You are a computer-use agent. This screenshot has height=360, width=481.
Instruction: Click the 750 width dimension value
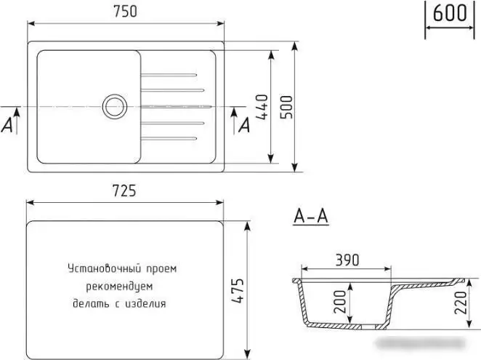click(x=125, y=12)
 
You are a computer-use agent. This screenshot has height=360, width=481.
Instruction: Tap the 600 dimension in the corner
click(x=450, y=13)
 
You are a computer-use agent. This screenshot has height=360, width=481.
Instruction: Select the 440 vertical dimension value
click(x=262, y=107)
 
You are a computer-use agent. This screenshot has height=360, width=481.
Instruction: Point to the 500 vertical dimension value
click(x=287, y=107)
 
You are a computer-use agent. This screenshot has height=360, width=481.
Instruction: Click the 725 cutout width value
click(x=124, y=191)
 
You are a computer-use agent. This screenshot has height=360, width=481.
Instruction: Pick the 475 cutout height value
click(x=238, y=291)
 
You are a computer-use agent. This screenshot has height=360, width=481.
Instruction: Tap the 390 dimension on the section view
click(x=347, y=260)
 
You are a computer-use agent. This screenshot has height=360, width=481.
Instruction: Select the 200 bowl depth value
click(x=340, y=301)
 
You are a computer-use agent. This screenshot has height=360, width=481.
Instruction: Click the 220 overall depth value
click(x=461, y=303)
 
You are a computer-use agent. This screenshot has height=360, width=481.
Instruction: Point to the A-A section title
click(x=311, y=216)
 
